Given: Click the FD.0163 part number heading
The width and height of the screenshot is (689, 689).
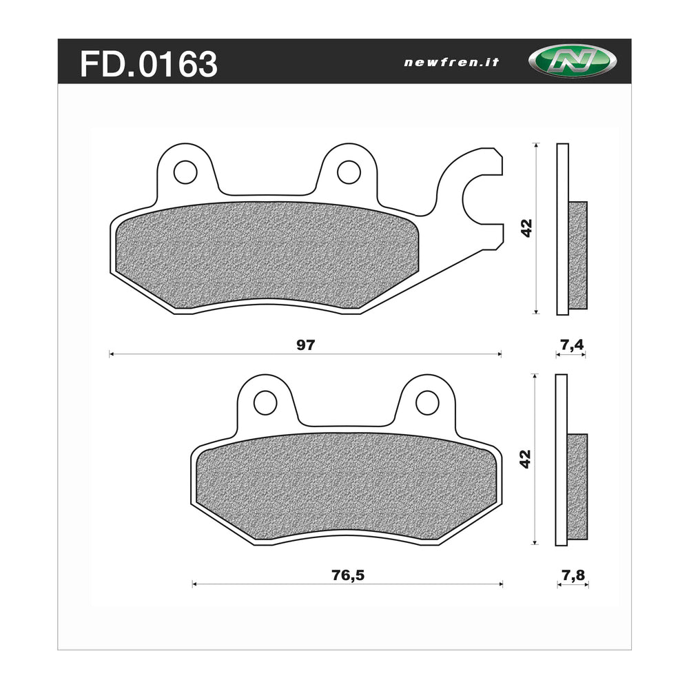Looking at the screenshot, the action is point(149,64).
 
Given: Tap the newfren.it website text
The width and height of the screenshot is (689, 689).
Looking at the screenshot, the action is point(451,62).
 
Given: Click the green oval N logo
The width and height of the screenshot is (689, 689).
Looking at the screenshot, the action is point(563,62).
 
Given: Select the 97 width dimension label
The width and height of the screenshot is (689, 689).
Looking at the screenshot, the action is point(305,345).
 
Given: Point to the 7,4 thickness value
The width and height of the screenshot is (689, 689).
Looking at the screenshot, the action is point(571,345).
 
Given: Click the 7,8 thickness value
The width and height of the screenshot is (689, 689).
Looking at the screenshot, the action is point(573,575).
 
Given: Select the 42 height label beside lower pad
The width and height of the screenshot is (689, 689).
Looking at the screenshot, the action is point(526,460).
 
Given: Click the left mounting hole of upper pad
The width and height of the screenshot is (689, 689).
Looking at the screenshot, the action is point(185,172).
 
